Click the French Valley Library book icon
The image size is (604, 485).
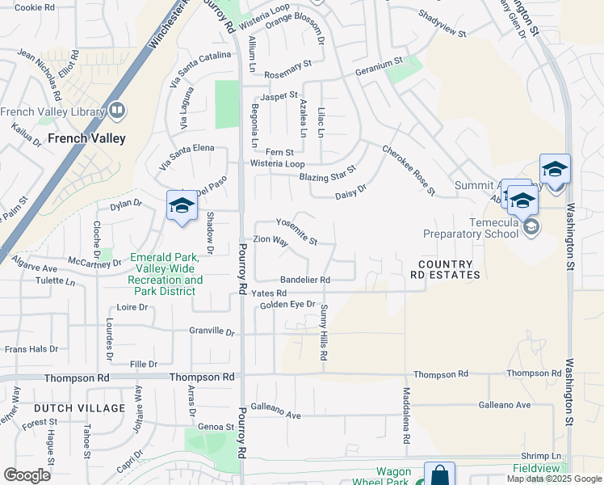coord(117,110)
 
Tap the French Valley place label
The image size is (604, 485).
coord(86,138)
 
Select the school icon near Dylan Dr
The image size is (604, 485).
coord(181,205)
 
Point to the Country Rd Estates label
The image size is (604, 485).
coord(449,270)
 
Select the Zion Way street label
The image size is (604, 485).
coord(271,240)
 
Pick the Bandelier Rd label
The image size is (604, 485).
coord(305,280)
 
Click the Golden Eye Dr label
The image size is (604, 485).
coord(287,304)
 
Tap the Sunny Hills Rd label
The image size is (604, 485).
coord(324,332)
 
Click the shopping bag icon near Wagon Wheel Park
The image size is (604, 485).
coord(438,475)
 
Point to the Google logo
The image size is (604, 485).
coord(27,475)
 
